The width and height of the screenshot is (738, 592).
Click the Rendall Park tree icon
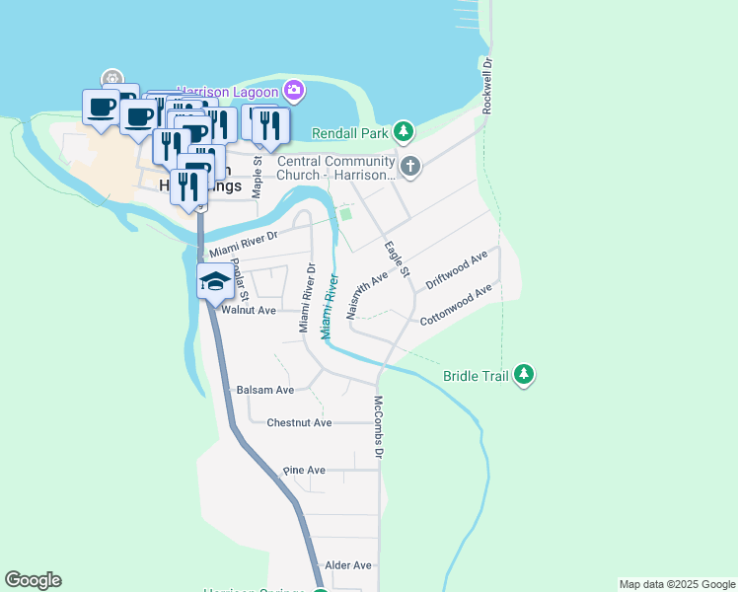(x=403, y=131)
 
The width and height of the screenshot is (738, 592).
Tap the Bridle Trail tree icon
(x=525, y=374)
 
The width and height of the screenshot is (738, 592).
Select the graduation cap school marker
(x=215, y=281)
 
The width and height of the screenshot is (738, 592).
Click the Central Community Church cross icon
(x=410, y=167)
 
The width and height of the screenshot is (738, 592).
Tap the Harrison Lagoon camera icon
(x=294, y=92)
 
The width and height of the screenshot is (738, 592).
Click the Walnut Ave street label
(x=249, y=310)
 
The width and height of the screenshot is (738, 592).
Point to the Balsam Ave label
(x=265, y=390)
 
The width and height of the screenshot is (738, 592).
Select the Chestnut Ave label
(x=299, y=422)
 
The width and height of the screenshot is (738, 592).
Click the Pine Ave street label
(x=304, y=471)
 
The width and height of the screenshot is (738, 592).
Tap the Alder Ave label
(x=348, y=565)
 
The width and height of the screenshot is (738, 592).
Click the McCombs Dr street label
(x=377, y=427)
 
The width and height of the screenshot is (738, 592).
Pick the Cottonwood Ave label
(x=455, y=307)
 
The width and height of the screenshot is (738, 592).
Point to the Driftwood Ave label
(x=456, y=270)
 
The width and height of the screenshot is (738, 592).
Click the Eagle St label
(x=397, y=259)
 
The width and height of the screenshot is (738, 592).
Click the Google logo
(x=33, y=580)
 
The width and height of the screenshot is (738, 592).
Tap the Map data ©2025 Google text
(x=676, y=584)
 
